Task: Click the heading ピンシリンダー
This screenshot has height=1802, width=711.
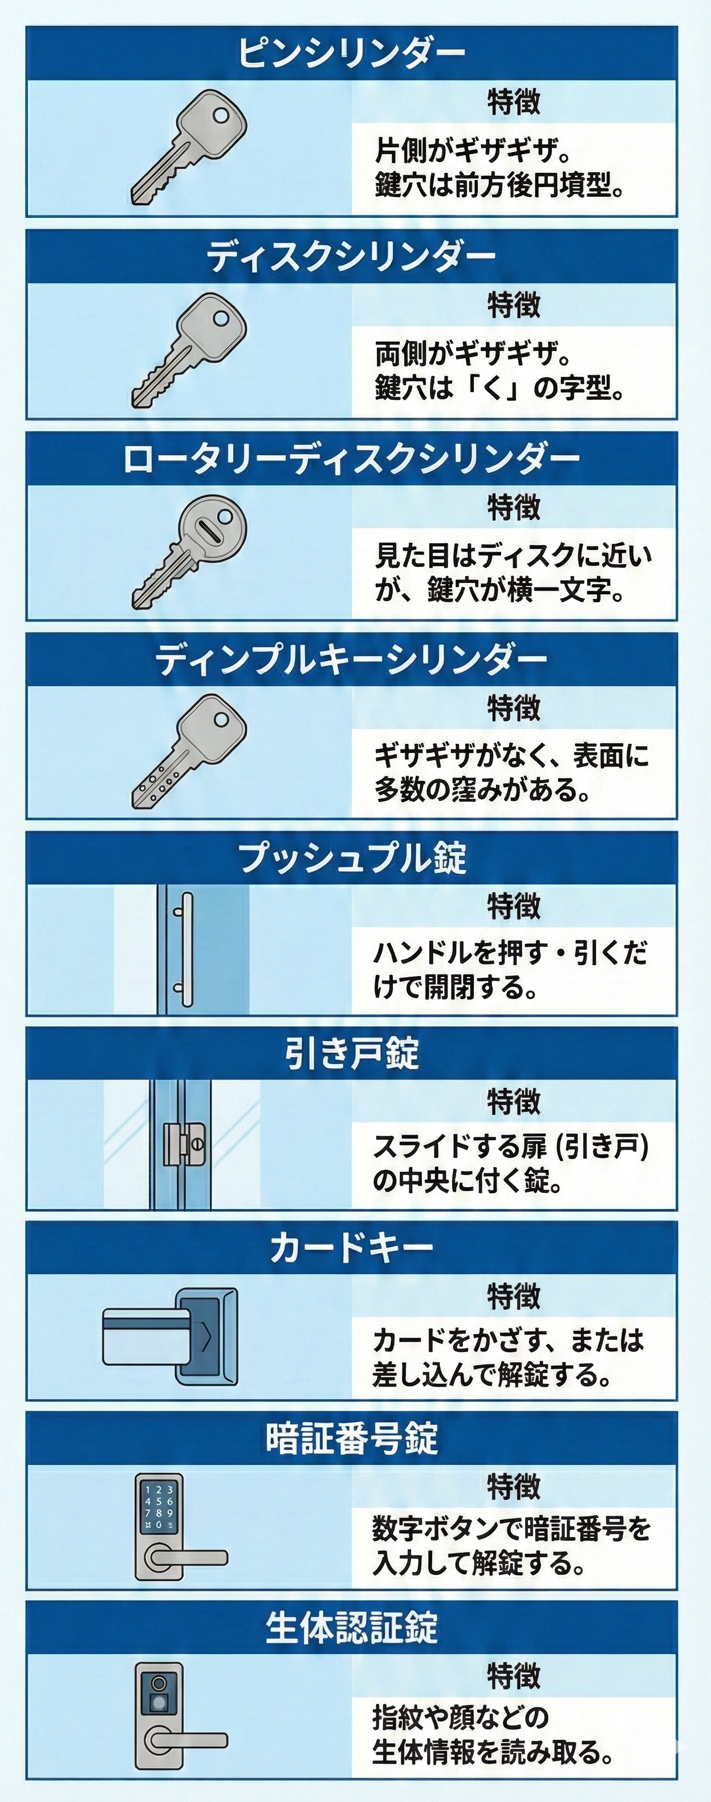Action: pyautogui.click(x=351, y=53)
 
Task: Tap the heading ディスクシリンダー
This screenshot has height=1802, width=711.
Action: pyautogui.click(x=351, y=257)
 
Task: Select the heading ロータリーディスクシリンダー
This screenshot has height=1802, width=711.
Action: pyautogui.click(x=351, y=459)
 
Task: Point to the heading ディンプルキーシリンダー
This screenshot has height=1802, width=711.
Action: pyautogui.click(x=351, y=659)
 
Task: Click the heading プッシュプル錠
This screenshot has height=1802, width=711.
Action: pyautogui.click(x=351, y=857)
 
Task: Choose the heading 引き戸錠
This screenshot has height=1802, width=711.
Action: pyautogui.click(x=351, y=1054)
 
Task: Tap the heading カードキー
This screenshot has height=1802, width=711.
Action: pyautogui.click(x=351, y=1248)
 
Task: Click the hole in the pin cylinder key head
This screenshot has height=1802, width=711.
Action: pyautogui.click(x=221, y=115)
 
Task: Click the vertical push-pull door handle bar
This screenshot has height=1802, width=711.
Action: pyautogui.click(x=186, y=949)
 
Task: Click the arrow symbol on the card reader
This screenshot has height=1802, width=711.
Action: pyautogui.click(x=205, y=1338)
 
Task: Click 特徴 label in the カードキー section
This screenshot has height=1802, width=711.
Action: pyautogui.click(x=513, y=1296)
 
